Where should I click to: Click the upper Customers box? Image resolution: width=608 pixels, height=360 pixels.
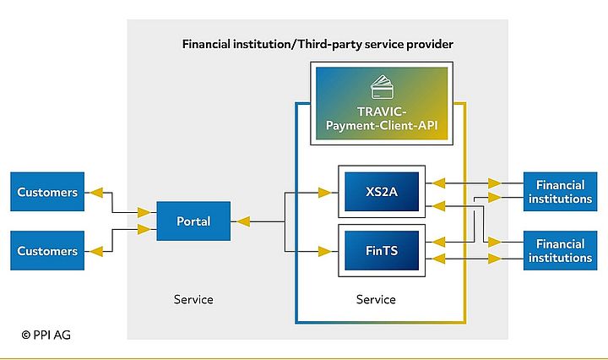[47, 192]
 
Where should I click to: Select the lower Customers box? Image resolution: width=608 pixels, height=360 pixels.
[47, 251]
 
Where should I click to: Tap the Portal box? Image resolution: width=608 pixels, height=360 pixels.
[193, 221]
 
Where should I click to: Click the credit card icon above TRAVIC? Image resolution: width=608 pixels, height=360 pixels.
[383, 86]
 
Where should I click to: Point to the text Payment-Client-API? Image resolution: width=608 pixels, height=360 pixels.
[383, 126]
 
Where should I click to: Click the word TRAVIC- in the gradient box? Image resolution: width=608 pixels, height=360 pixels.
[383, 111]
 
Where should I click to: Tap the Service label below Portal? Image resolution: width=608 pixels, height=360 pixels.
[193, 299]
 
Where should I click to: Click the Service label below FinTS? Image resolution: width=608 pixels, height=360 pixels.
[376, 299]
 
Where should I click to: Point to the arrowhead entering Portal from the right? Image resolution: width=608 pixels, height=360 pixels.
[243, 221]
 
